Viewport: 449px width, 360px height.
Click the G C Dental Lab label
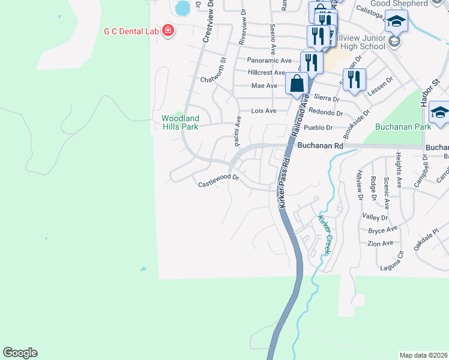point(131,31)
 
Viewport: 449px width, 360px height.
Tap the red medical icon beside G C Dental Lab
point(167,31)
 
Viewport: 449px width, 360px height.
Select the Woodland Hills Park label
point(179,122)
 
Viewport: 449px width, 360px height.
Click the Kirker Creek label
point(324,235)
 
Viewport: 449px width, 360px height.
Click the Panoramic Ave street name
point(270,61)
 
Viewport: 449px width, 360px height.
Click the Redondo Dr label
point(328,113)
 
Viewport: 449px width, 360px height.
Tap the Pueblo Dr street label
point(318,128)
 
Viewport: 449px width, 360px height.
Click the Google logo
point(20,353)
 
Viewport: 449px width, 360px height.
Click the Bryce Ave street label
point(383,230)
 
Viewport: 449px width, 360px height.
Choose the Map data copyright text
point(423,355)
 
